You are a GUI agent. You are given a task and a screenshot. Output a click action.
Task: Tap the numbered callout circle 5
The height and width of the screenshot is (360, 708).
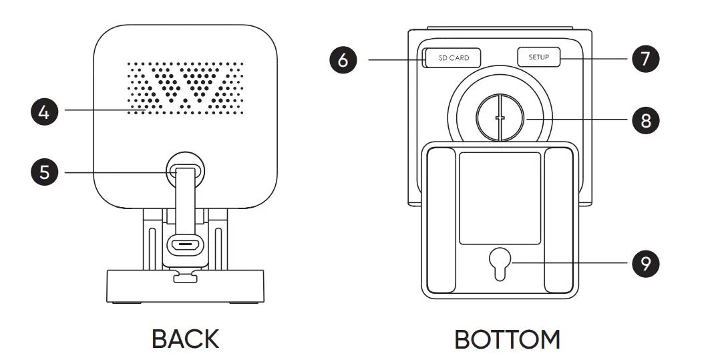(43, 172)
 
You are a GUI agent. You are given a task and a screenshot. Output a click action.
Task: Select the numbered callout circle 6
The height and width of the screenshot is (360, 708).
(343, 59)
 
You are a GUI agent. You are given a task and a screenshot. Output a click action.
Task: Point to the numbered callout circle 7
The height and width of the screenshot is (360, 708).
(645, 58)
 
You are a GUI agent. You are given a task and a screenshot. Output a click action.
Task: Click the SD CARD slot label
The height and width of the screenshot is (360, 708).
(454, 58)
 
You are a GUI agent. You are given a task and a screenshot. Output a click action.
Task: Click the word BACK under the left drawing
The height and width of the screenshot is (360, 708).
(185, 339)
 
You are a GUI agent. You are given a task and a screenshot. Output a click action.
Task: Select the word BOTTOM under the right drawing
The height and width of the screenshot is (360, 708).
(507, 339)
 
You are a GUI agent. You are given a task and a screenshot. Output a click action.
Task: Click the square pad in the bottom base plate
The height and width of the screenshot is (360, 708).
(500, 198)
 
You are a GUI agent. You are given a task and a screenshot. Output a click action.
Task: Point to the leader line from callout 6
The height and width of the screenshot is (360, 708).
(394, 59)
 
